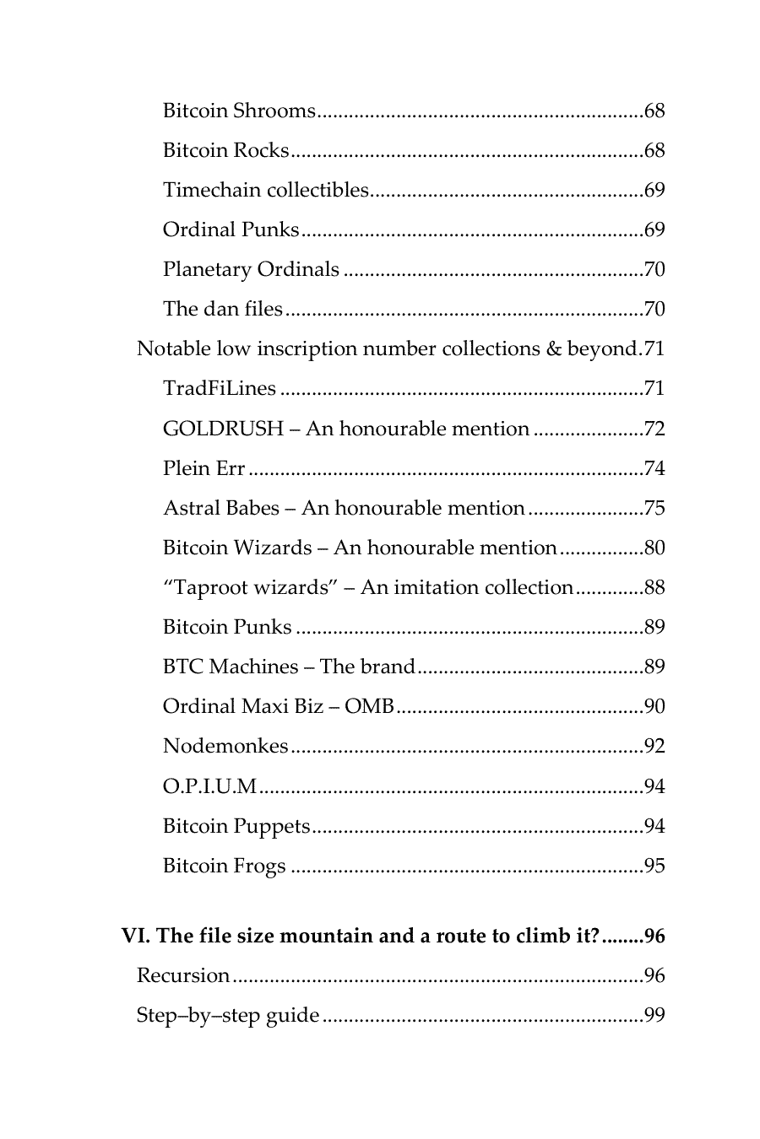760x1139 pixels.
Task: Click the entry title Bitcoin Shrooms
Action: pos(239,111)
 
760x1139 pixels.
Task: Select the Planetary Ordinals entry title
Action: pos(251,269)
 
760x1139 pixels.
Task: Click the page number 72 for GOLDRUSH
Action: pos(654,429)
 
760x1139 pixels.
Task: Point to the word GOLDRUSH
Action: pos(223,429)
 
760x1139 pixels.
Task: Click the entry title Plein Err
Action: pos(204,468)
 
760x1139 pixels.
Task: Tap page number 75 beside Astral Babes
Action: pos(654,508)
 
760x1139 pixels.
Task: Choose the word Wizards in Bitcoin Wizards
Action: pos(272,548)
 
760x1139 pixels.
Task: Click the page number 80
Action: pos(654,548)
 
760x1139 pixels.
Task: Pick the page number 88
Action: pos(654,587)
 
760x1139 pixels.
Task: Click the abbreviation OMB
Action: pos(369,706)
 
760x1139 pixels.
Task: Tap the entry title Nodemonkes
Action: pos(225,746)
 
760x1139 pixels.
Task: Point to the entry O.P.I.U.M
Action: pos(209,786)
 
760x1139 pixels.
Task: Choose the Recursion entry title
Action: pos(183,975)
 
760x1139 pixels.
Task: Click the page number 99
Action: pos(654,1015)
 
